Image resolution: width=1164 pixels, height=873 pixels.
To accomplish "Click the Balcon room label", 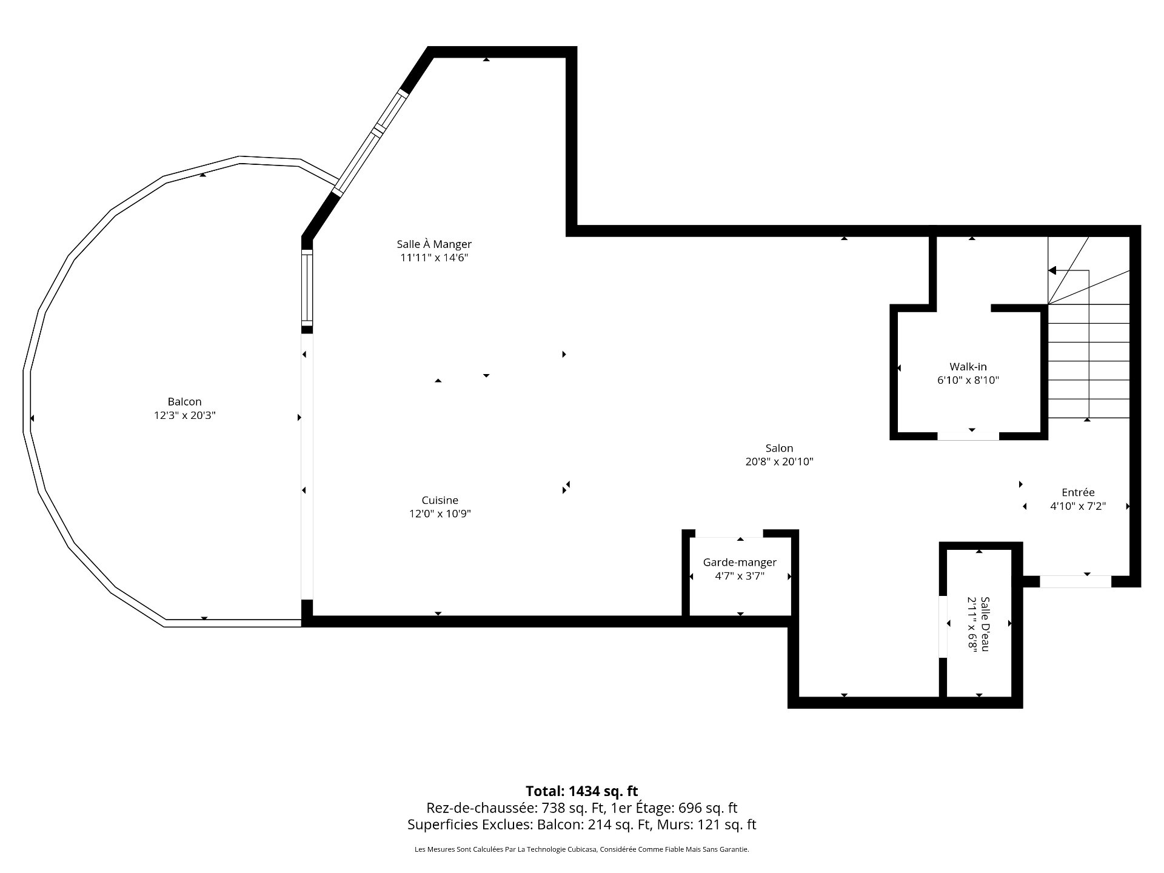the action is [184, 401].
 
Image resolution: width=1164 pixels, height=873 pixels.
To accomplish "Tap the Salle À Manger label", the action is [434, 244].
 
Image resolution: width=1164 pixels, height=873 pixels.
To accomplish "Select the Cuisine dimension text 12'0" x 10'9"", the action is [440, 514].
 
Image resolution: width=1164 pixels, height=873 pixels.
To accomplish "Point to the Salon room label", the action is [779, 448].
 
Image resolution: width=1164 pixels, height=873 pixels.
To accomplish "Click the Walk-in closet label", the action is [968, 367].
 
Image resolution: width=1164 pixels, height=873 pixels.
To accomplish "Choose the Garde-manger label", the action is [740, 563].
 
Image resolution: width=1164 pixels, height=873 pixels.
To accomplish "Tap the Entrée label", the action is [1078, 492].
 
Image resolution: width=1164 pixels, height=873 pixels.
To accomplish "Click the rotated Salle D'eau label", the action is [985, 624].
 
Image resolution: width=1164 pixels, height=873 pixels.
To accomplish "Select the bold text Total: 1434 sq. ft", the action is [582, 791].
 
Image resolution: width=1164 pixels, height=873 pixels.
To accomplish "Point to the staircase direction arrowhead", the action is [1052, 270].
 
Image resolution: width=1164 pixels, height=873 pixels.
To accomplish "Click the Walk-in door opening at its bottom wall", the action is [968, 436].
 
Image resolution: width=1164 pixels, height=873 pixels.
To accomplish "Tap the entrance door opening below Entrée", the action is [1075, 581].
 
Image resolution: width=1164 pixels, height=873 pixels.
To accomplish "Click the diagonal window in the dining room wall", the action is [370, 142].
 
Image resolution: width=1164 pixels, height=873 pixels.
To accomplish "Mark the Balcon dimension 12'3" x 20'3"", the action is [185, 416].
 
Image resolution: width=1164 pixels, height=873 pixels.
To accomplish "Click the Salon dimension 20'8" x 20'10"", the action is [779, 462].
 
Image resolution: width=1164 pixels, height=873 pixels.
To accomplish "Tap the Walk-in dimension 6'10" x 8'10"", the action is [968, 381].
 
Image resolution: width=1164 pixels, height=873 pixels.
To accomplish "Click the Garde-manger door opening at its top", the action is [729, 533].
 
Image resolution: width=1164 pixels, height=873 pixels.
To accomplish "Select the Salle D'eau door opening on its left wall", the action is [943, 627].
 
